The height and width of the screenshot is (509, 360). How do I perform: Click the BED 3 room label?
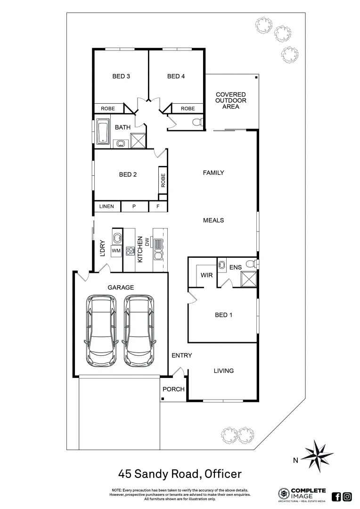point(121,76)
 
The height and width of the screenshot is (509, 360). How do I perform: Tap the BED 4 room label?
point(176,76)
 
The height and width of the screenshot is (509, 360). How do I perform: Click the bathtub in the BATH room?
point(102,133)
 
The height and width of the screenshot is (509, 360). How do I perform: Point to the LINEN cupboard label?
point(106,207)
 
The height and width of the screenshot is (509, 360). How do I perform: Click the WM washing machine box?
point(116,251)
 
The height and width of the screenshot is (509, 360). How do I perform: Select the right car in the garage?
point(139,330)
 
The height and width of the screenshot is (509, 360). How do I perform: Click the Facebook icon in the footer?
point(336,496)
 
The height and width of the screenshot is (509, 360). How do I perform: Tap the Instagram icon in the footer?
point(347,496)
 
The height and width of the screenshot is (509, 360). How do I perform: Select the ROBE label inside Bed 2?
point(163,181)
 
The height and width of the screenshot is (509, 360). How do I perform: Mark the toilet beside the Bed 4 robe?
point(197,123)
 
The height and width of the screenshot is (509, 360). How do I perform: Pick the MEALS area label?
point(213,220)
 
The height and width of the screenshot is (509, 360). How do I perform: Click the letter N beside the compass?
point(295,461)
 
